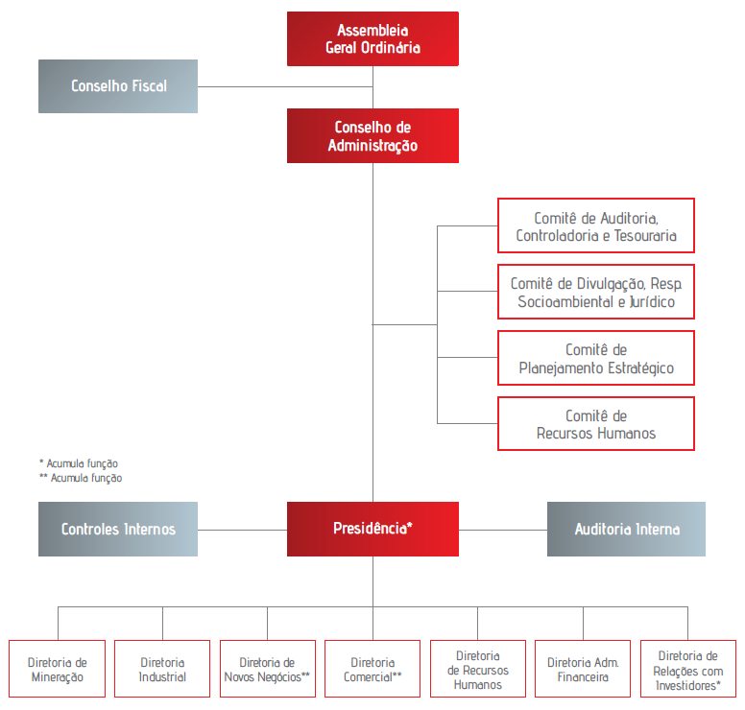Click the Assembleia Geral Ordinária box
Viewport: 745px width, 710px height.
point(372,39)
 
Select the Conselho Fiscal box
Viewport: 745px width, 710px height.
point(118,86)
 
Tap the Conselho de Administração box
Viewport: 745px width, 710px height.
point(372,136)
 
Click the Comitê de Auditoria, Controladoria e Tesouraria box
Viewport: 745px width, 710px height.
point(596,225)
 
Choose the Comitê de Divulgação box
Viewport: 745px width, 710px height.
point(596,292)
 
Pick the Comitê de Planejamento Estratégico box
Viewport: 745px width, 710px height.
point(596,358)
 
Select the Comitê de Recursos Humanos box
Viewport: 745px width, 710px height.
point(596,424)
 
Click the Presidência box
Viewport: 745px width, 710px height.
point(372,529)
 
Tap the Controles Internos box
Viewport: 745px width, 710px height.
point(118,529)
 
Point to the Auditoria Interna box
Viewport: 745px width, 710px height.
point(626,529)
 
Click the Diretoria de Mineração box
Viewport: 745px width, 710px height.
point(57,669)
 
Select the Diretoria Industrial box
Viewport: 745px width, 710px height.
point(162,669)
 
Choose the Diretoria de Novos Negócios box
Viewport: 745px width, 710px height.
point(268,669)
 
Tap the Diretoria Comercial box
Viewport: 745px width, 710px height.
point(372,669)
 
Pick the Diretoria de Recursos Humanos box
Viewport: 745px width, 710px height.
point(478,669)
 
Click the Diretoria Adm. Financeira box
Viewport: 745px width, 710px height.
point(583,669)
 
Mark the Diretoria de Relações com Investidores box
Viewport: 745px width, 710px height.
point(688,669)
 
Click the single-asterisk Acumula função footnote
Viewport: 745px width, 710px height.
point(79,463)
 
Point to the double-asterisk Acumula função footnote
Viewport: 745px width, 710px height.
point(81,478)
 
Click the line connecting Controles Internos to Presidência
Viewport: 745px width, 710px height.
point(242,530)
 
